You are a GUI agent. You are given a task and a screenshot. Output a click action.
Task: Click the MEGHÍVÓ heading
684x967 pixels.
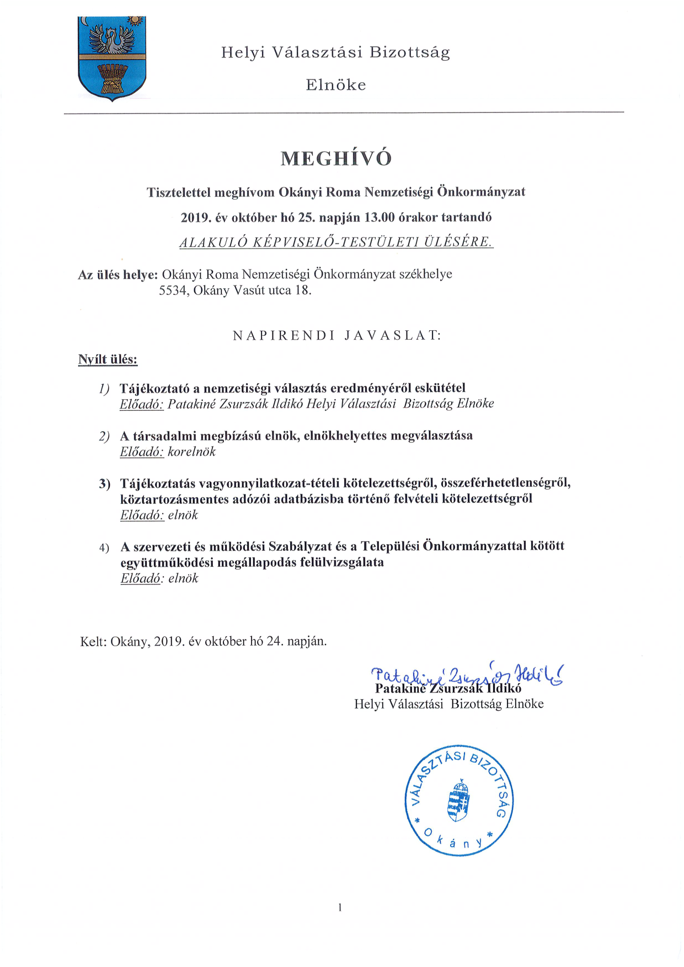(336, 159)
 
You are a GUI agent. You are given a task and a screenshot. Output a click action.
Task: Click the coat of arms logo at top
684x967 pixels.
(112, 58)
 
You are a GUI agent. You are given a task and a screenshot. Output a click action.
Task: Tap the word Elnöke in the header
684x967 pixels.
(336, 85)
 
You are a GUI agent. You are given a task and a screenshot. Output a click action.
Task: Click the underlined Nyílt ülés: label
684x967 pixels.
(108, 359)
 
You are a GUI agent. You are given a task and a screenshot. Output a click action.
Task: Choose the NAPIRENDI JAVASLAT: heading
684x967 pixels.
(337, 335)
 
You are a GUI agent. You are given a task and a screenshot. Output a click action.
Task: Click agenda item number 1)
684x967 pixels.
(104, 389)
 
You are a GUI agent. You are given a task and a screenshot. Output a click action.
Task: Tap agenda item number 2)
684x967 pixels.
(104, 436)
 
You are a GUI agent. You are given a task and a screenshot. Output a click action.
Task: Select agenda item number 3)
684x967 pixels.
(104, 484)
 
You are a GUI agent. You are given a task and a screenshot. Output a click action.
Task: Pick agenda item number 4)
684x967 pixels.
(104, 547)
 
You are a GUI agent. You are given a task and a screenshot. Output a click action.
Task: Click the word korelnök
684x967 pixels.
(191, 452)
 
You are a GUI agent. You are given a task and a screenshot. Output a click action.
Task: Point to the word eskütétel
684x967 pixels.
(440, 388)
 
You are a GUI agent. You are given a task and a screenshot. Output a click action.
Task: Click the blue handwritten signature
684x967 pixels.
(466, 675)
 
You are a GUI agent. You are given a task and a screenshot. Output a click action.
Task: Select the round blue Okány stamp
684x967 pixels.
(459, 800)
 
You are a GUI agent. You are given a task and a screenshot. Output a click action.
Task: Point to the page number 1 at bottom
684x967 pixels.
(340, 907)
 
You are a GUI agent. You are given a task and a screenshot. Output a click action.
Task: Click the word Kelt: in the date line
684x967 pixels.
(93, 641)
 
